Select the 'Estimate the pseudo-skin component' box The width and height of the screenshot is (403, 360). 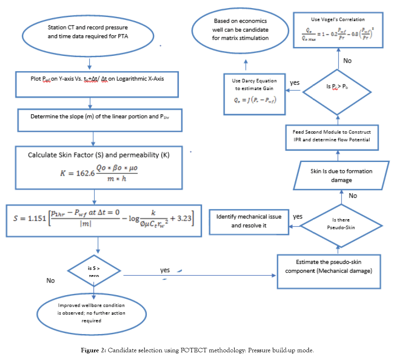pos(329,266)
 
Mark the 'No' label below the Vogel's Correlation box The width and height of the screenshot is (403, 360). pos(347,61)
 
